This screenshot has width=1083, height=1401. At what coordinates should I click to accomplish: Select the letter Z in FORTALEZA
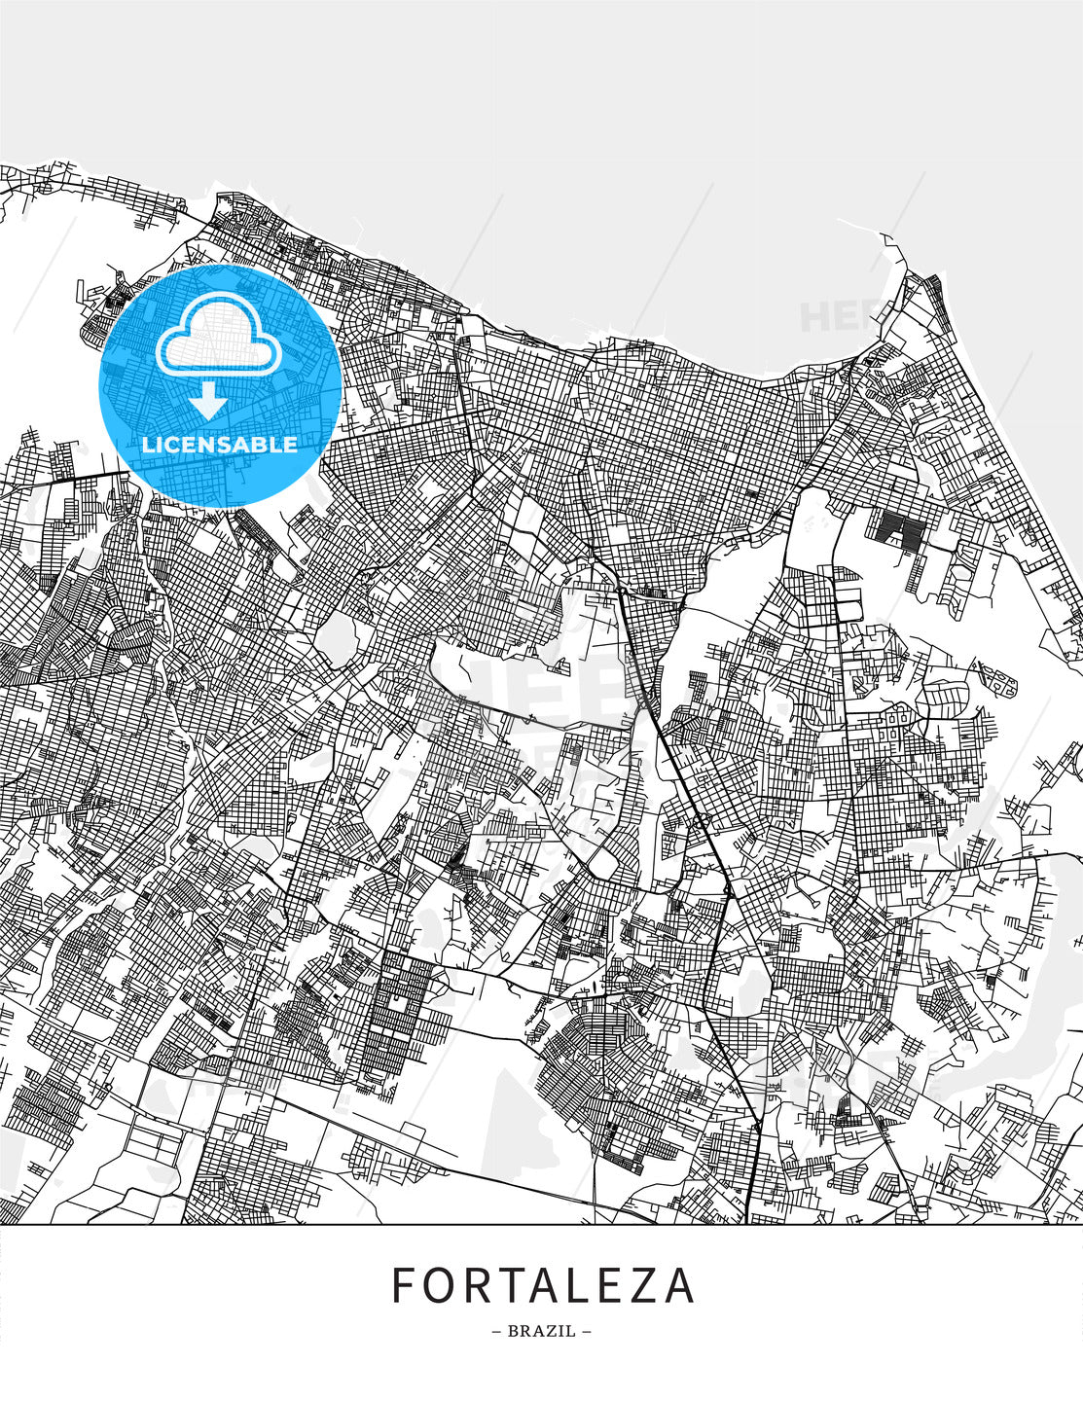click(x=642, y=1285)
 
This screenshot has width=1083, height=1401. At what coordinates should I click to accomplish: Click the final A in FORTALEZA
click(x=678, y=1285)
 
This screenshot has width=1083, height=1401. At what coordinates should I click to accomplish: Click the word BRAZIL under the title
click(x=542, y=1331)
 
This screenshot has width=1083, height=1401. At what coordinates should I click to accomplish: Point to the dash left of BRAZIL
click(x=497, y=1331)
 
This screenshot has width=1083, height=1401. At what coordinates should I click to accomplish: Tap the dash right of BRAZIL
click(x=586, y=1331)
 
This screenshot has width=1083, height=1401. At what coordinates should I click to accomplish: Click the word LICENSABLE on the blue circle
click(x=220, y=445)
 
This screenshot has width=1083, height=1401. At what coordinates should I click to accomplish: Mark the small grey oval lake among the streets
click(x=334, y=640)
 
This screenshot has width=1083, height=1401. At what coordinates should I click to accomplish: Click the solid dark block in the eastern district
click(x=900, y=530)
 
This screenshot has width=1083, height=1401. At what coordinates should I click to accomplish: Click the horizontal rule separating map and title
click(x=541, y=1224)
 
